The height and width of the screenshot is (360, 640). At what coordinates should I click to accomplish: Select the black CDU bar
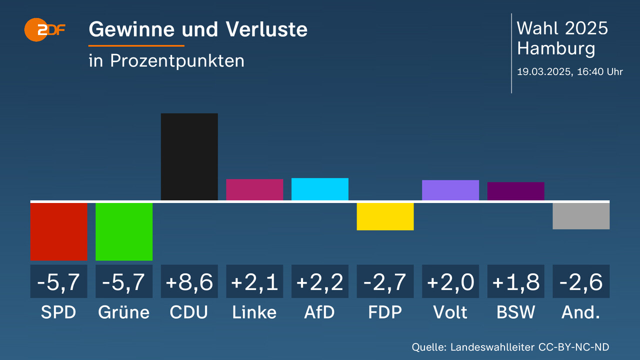[189, 157]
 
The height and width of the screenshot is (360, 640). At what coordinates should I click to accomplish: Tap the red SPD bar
[58, 231]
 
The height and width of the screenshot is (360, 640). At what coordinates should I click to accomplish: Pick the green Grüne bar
[124, 231]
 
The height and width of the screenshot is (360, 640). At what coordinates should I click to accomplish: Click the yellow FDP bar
[385, 216]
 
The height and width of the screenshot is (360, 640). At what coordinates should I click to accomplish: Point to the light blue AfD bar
[320, 189]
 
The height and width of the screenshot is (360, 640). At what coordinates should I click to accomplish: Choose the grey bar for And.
[581, 216]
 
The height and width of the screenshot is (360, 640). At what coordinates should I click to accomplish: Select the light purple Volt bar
[450, 190]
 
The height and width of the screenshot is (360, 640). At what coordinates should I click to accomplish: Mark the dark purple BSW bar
[515, 191]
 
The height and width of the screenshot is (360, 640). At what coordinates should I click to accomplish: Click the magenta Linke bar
[254, 189]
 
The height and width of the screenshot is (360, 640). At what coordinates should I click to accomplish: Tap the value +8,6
[189, 282]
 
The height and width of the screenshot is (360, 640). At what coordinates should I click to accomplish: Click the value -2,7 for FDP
[385, 282]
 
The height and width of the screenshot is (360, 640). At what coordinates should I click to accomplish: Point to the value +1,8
[515, 282]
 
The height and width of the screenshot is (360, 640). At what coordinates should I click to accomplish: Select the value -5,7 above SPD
[58, 282]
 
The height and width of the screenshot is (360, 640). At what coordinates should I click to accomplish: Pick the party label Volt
[450, 312]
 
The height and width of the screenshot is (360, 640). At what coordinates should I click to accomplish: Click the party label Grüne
[124, 312]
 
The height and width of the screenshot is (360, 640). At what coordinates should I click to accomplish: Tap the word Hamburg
[556, 48]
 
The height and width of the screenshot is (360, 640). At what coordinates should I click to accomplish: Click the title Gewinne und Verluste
[198, 30]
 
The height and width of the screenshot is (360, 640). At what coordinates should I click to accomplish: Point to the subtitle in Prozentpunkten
[166, 60]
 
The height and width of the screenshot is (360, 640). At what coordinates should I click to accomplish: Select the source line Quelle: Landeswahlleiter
[510, 347]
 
